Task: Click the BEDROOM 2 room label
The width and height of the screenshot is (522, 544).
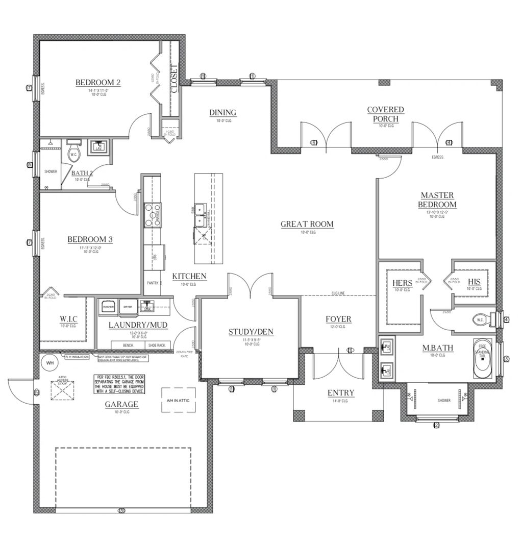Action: coord(98,83)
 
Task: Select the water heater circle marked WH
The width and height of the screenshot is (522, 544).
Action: coord(50,363)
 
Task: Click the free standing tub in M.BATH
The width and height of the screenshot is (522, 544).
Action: coord(482,359)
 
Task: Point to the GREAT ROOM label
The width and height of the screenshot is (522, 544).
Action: coord(307,224)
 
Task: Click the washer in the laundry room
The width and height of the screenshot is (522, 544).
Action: coord(108,307)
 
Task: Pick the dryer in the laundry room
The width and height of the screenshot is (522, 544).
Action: coord(128,307)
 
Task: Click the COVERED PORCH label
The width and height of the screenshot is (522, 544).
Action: coord(385,114)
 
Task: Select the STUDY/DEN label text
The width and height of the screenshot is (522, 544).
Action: coord(251,332)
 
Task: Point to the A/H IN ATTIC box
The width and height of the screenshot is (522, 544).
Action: coord(178,401)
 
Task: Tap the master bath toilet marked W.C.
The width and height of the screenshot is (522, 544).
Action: coord(482,320)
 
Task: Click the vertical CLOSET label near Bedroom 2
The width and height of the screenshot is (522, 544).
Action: coord(173,79)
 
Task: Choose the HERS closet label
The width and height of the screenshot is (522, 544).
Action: coord(403,283)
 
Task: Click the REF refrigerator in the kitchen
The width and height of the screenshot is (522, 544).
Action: coord(155,258)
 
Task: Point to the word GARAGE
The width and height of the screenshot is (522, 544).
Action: coord(122,404)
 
